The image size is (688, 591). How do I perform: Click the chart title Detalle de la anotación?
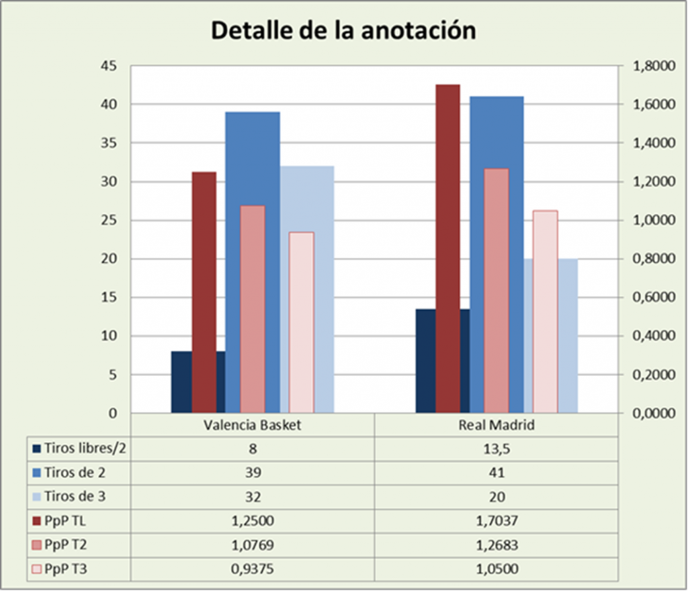click(x=343, y=30)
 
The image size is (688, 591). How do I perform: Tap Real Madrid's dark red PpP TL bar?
click(x=447, y=249)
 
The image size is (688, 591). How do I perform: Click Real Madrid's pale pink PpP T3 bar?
click(x=545, y=309)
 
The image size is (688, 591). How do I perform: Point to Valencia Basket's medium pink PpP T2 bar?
click(x=253, y=309)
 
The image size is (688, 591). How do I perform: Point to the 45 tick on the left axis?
click(x=108, y=66)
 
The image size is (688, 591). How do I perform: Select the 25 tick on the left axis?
click(x=108, y=221)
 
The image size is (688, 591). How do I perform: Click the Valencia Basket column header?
click(x=253, y=426)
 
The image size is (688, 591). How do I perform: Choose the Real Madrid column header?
click(x=496, y=426)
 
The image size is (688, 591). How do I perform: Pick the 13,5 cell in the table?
click(x=496, y=448)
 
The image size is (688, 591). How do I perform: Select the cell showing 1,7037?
click(x=496, y=521)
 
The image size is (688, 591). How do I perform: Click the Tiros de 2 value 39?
click(x=253, y=473)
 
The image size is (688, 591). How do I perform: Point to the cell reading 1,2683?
click(x=496, y=545)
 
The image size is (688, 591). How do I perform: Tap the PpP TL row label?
click(x=66, y=521)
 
